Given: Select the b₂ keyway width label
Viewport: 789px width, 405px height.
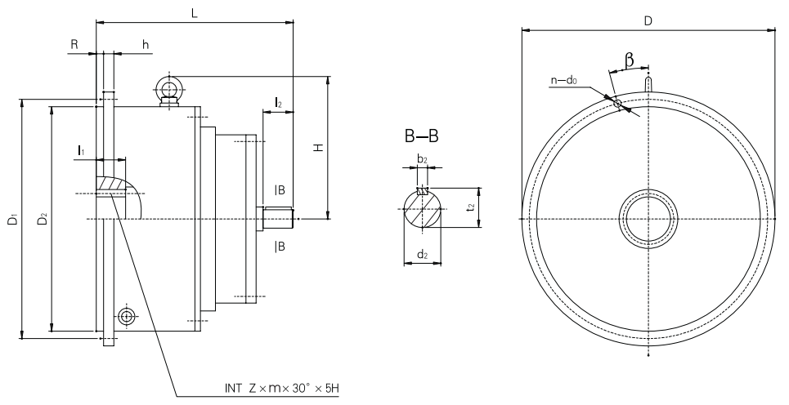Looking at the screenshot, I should [x=423, y=159].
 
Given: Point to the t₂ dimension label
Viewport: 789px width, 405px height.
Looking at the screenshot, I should [x=469, y=207].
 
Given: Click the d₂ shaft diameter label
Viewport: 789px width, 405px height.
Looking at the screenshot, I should [x=422, y=255].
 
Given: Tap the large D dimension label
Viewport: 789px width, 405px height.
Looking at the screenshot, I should [x=647, y=20].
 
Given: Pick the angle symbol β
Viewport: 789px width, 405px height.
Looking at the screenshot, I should [x=630, y=60].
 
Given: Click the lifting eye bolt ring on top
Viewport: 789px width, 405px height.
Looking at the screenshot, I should [x=169, y=87].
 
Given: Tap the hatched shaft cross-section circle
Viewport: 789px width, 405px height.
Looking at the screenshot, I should [x=423, y=207].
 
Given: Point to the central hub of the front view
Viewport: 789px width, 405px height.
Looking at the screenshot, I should [x=648, y=219].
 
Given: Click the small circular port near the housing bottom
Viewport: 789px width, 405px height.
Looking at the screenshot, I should [x=126, y=316].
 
